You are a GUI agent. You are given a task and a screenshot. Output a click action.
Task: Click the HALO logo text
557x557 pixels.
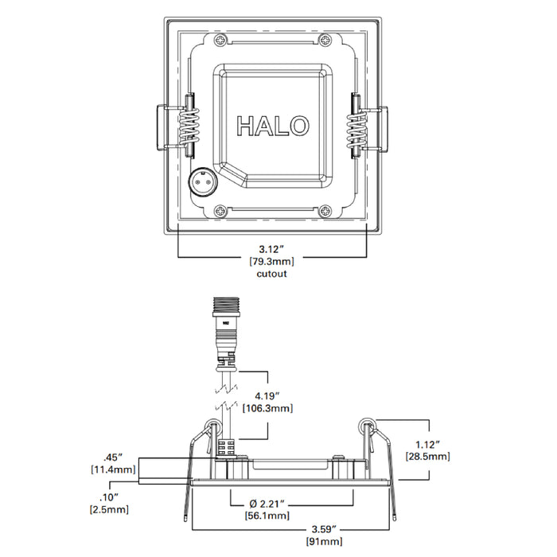273,126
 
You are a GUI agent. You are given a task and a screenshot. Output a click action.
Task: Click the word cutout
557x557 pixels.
271,273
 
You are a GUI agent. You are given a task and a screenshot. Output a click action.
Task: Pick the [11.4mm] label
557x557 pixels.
111,471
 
